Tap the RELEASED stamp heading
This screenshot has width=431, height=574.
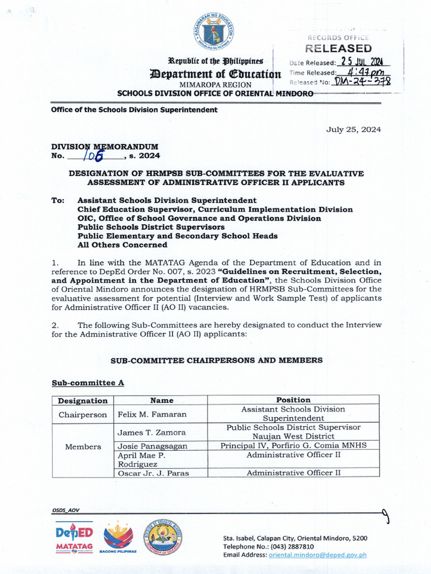coord(338,49)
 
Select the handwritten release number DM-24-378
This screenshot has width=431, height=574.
coord(363,82)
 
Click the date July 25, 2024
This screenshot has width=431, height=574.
coord(354,129)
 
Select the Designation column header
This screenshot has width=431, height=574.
coord(82,400)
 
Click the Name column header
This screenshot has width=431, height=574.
coord(162,400)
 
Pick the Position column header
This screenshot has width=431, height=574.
coord(293,400)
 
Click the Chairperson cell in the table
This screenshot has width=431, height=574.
coord(82,415)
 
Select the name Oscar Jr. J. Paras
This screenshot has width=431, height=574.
coord(153,473)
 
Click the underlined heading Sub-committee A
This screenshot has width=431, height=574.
coord(88,383)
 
